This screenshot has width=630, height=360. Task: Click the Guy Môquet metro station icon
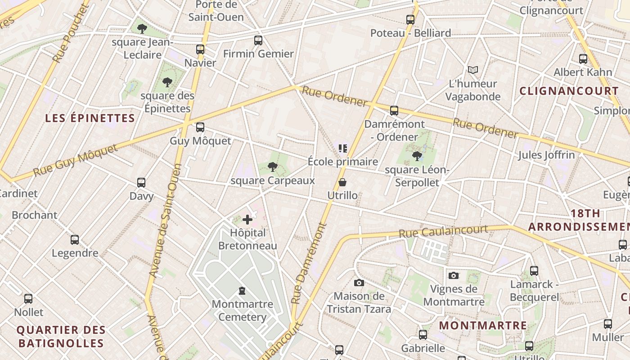(x=200, y=127)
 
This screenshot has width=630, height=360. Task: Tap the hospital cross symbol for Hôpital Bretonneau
(x=247, y=220)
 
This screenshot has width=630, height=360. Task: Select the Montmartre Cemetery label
(x=242, y=310)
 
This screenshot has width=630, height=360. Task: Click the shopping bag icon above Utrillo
(x=342, y=182)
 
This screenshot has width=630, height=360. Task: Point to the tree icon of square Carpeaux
(x=272, y=167)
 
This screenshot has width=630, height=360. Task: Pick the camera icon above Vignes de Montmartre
(x=453, y=275)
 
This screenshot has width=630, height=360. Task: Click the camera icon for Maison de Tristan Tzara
(x=359, y=283)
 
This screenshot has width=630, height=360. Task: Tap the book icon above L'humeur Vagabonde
(x=472, y=70)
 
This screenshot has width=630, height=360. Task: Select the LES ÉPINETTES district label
(x=90, y=118)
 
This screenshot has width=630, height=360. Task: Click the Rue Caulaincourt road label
(x=443, y=231)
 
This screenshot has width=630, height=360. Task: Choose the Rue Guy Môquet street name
(x=75, y=161)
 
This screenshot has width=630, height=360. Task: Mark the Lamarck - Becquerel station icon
(x=534, y=271)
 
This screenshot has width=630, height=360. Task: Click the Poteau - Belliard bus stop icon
(x=410, y=20)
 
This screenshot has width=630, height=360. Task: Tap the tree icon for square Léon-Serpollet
(x=417, y=156)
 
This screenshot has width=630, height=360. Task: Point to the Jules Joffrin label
(x=546, y=155)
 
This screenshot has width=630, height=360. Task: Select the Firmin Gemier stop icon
(x=258, y=40)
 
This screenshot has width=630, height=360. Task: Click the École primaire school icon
(x=343, y=148)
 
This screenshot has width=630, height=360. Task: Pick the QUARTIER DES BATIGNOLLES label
(x=61, y=337)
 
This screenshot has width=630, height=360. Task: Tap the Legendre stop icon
(x=75, y=240)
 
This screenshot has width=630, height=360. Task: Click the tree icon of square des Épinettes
(x=167, y=82)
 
